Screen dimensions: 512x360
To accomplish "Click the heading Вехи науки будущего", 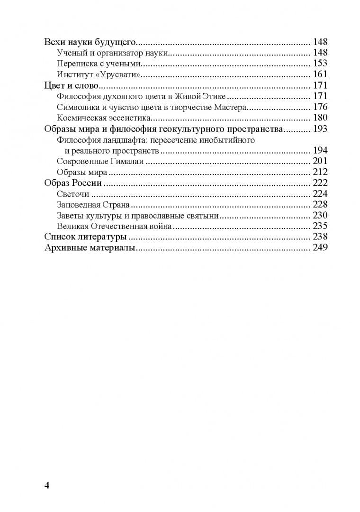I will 90,42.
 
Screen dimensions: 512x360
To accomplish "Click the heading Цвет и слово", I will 71,86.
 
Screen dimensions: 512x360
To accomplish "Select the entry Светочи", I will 73,194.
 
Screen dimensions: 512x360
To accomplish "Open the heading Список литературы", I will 85,237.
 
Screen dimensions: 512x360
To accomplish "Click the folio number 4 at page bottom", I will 46,485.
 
